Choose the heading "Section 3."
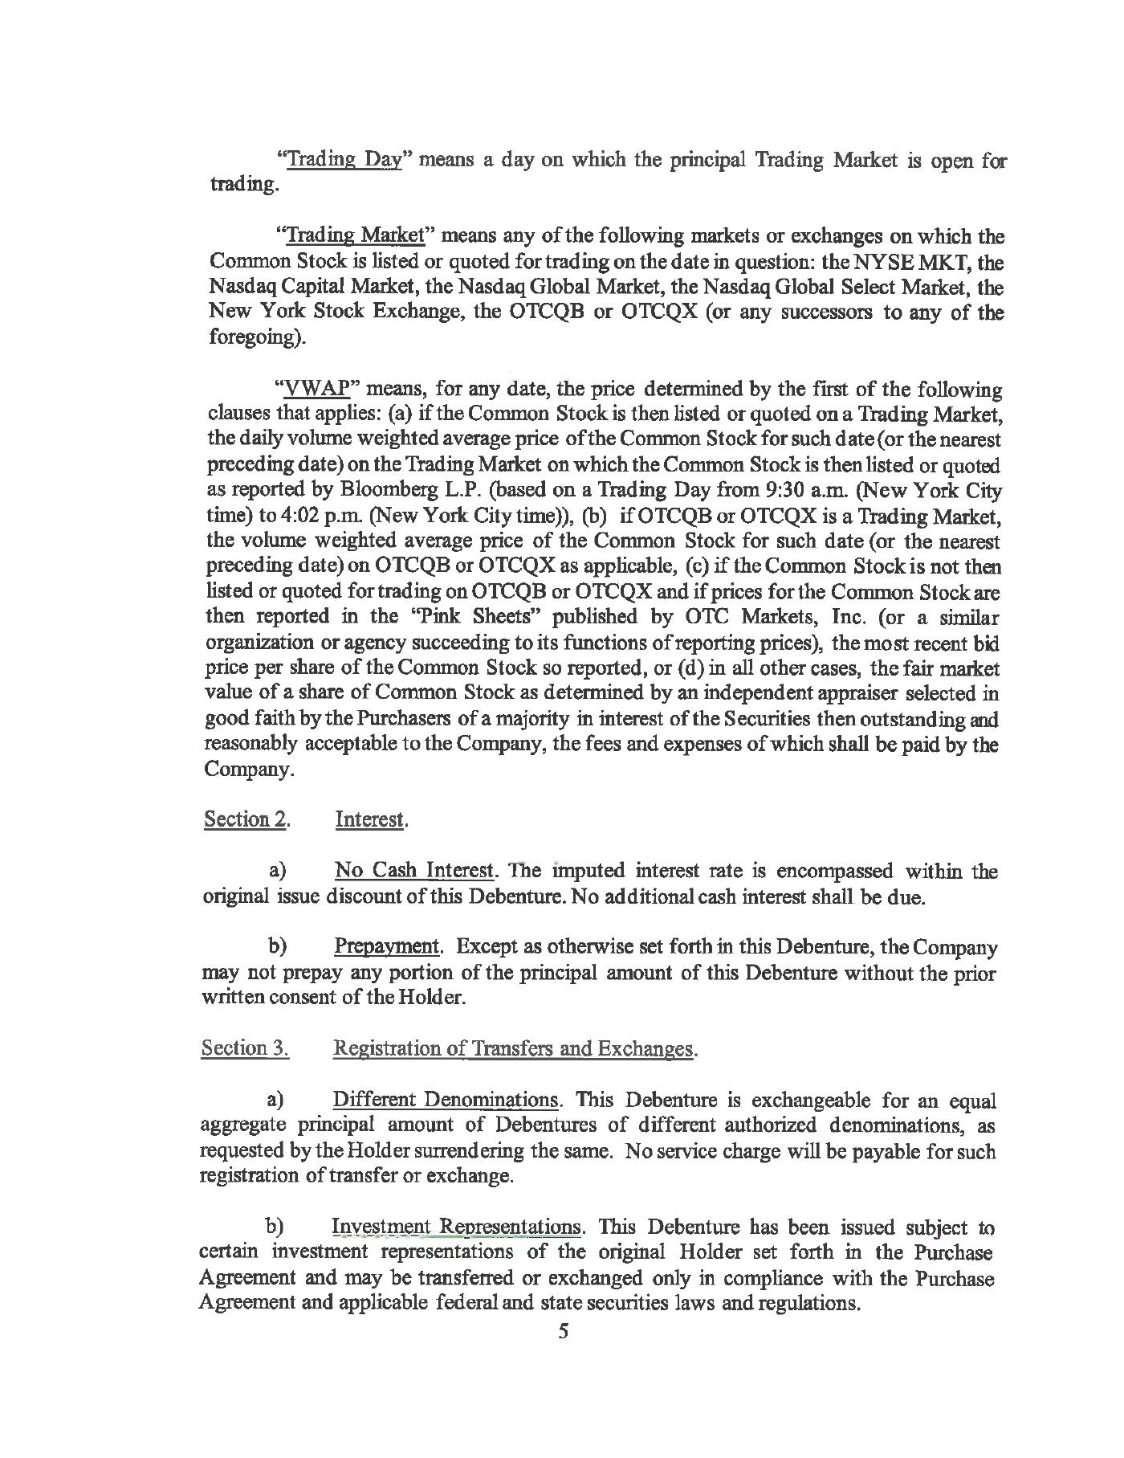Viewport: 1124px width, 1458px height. click(245, 1048)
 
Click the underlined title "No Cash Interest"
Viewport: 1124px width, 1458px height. click(413, 871)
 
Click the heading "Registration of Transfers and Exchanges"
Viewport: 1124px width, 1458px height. click(512, 1048)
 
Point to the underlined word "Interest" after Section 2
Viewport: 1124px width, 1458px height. click(370, 819)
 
